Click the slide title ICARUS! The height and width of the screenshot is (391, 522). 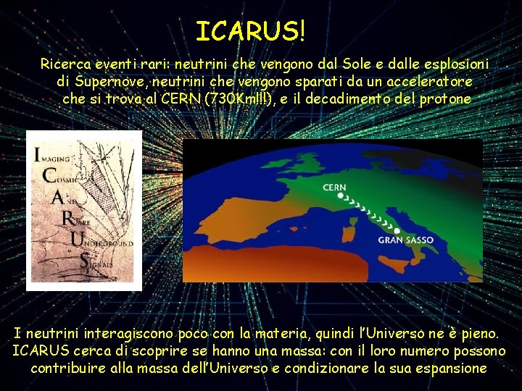(x=251, y=30)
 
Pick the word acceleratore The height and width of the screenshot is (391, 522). (x=431, y=81)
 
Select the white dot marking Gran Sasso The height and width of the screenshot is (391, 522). (x=397, y=230)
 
